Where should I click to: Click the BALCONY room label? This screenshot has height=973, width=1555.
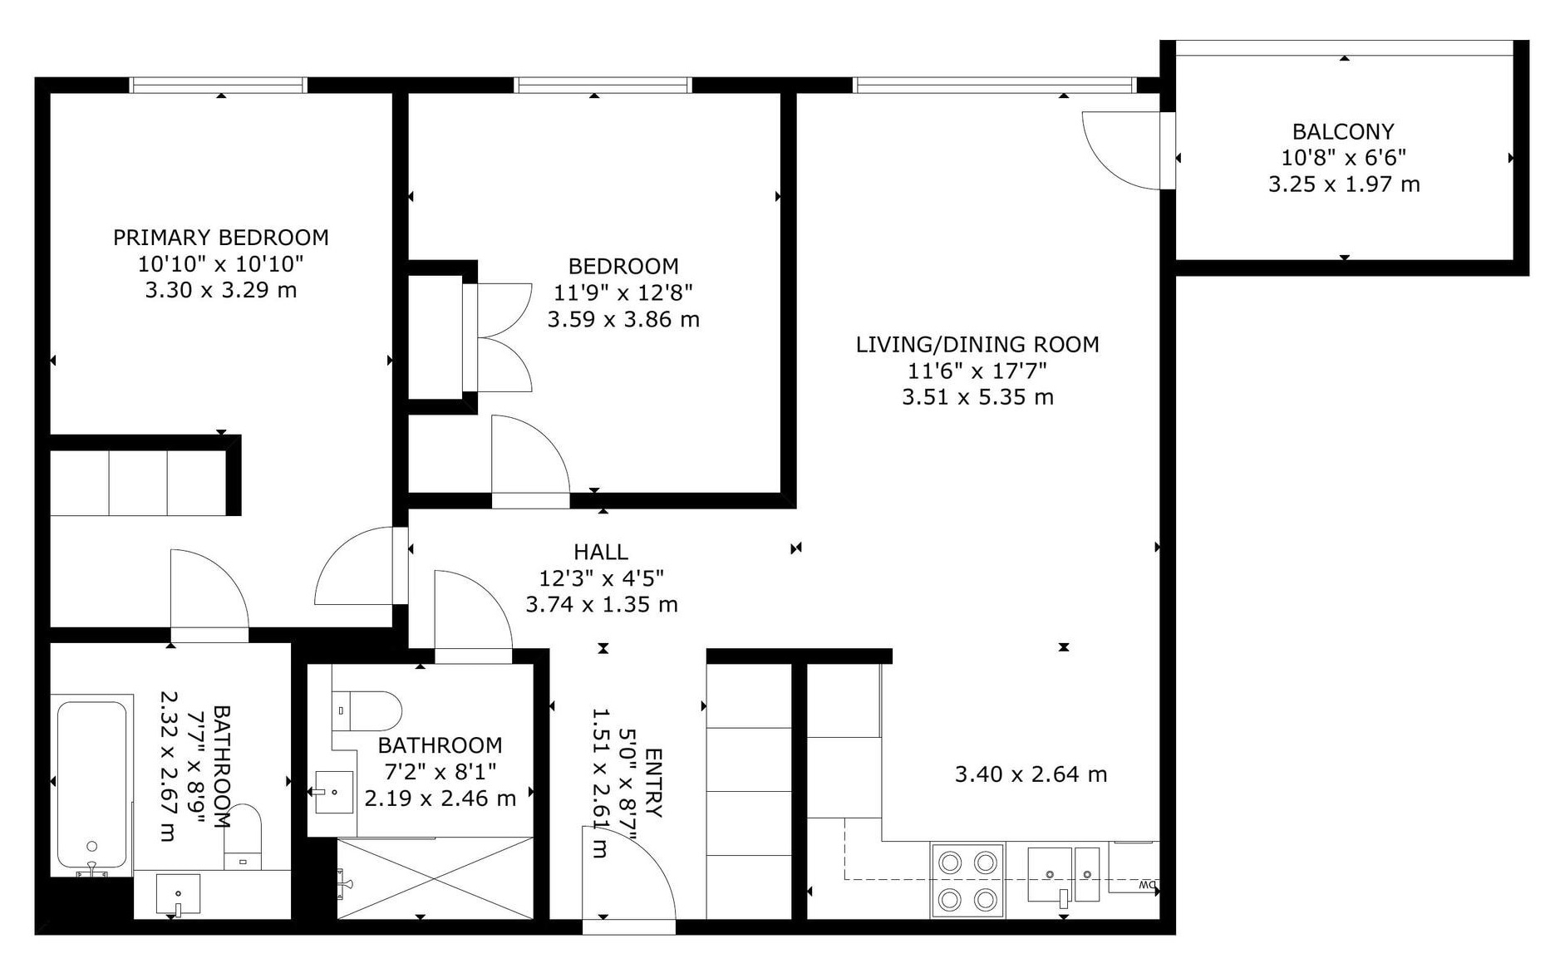coord(1343,131)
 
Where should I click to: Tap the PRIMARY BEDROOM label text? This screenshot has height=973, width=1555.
coord(221,238)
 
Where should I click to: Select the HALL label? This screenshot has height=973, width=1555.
coord(601,552)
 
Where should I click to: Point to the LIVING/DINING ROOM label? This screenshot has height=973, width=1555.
coord(977,344)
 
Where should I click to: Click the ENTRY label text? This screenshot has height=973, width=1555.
coord(653,783)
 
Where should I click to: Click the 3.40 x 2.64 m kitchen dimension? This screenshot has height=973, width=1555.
coord(1031,774)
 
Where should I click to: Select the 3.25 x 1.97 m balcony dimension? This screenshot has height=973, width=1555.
coord(1344,184)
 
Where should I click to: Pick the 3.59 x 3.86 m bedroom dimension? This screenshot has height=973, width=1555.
coord(623,319)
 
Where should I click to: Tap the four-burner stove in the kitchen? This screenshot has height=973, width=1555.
coord(967,881)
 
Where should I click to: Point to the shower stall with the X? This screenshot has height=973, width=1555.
coord(435,878)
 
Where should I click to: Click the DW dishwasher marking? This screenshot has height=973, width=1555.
coord(1148,884)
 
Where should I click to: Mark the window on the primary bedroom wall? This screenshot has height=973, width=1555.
coord(219,85)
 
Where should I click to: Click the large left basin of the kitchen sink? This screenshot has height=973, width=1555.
coord(1050,874)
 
